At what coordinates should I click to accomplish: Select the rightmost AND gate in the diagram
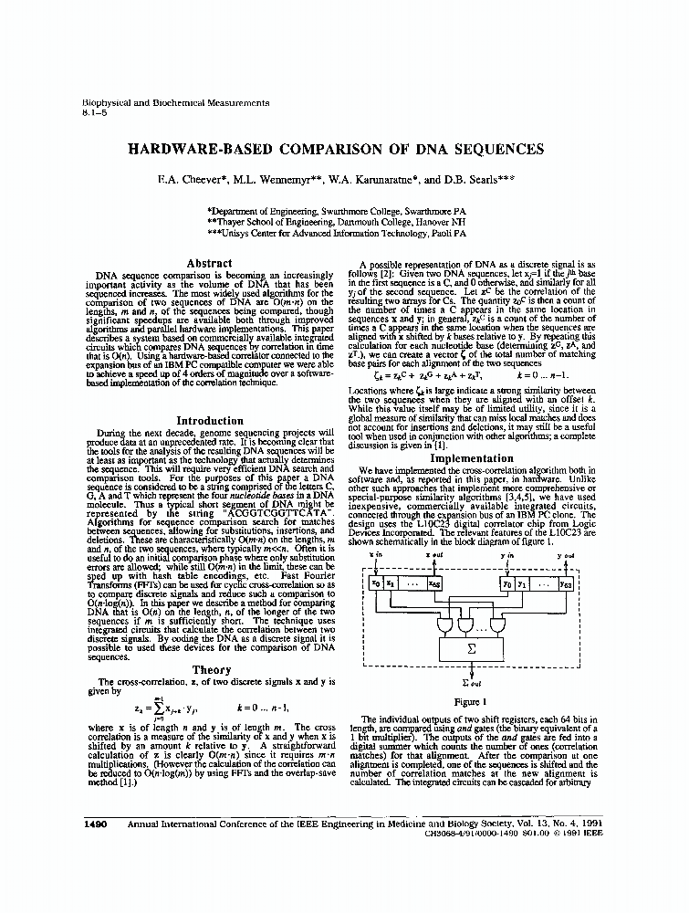coord(497,624)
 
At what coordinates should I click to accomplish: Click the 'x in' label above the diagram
coord(377,555)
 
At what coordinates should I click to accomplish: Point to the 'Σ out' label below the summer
coord(472,683)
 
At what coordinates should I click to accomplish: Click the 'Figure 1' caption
coord(471,702)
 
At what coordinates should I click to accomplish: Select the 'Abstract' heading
coord(209,263)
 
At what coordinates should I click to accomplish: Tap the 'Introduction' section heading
coord(209,421)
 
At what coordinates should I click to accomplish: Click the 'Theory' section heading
coord(210,670)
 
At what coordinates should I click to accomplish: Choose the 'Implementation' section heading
coord(472,458)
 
